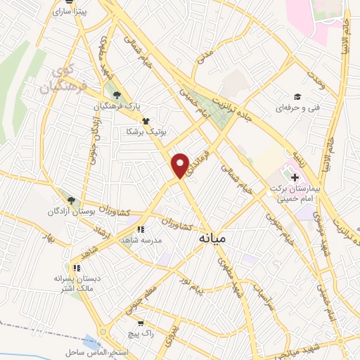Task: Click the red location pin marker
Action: [181, 165]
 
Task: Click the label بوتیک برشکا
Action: [144, 131]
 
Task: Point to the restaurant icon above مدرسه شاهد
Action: [140, 229]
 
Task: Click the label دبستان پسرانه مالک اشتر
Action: [77, 283]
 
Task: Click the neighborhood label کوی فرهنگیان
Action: [67, 81]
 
